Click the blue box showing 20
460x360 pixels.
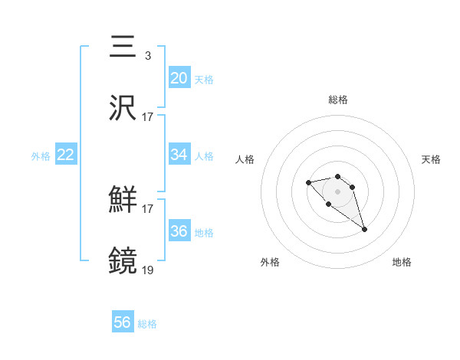click(x=179, y=77)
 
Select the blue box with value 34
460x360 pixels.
click(x=179, y=154)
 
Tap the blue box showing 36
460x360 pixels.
click(x=179, y=231)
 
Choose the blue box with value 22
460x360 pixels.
click(x=66, y=154)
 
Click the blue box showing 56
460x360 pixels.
click(x=123, y=322)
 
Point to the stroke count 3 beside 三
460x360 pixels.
click(x=147, y=55)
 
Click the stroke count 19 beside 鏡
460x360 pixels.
click(x=148, y=269)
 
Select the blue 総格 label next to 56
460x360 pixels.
click(x=147, y=324)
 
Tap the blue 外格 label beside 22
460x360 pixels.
click(x=41, y=156)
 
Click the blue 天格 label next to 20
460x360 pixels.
click(x=204, y=80)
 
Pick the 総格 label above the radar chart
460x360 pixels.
click(x=338, y=100)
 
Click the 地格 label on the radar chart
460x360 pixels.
click(x=402, y=262)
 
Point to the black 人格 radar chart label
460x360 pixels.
click(x=245, y=159)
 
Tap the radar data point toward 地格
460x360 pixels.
click(x=364, y=229)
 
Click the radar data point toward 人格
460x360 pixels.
click(x=308, y=182)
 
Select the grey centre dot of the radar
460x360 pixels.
click(x=338, y=191)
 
